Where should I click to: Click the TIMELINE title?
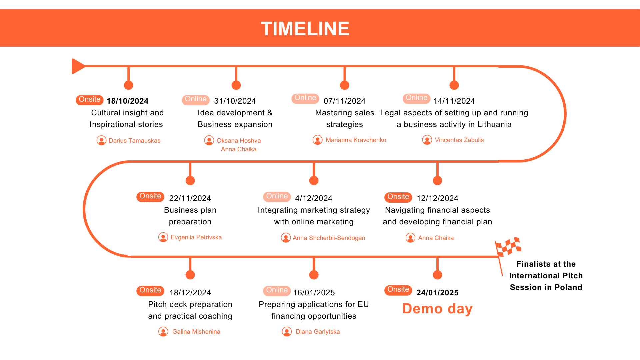tap(305, 29)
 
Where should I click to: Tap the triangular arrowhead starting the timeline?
tap(78, 66)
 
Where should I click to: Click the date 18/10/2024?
tap(127, 101)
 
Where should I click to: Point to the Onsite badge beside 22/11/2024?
tap(150, 196)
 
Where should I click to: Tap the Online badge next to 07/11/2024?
tap(305, 98)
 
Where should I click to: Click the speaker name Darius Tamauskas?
tap(134, 141)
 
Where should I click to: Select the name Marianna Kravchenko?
tap(356, 140)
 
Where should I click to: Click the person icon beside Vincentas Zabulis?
tap(427, 140)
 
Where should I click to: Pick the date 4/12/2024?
tap(314, 198)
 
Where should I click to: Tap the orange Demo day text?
tap(437, 309)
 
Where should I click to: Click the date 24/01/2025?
tap(437, 293)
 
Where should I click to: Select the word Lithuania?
tap(494, 124)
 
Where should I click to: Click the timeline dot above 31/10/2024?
tap(236, 85)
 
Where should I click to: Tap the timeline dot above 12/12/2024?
tap(437, 181)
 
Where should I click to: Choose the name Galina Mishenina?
tap(196, 332)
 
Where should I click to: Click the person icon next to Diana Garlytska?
tap(287, 332)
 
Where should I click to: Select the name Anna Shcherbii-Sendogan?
tap(329, 238)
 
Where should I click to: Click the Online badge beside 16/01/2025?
tap(277, 290)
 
